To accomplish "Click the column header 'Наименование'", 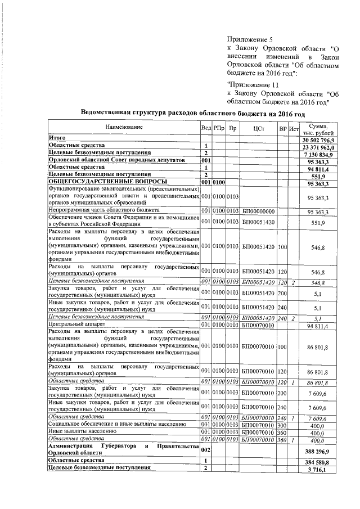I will point(124,128).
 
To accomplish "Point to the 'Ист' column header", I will point(293,128).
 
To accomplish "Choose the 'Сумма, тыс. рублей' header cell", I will point(318,128).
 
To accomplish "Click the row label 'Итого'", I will point(57,138).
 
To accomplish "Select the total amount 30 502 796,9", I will point(318,139).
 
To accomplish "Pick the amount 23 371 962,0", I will point(318,146).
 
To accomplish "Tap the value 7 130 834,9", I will point(318,153).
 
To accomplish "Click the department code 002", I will point(206,449).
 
